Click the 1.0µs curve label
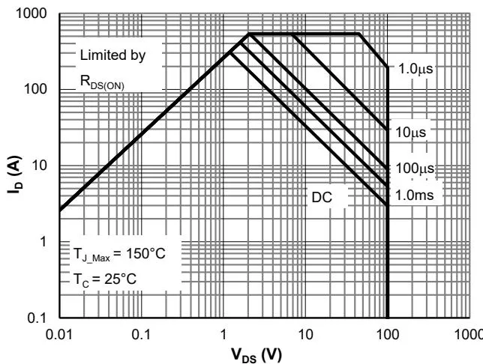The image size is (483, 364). (x=415, y=68)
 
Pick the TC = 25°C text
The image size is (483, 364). (x=107, y=279)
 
